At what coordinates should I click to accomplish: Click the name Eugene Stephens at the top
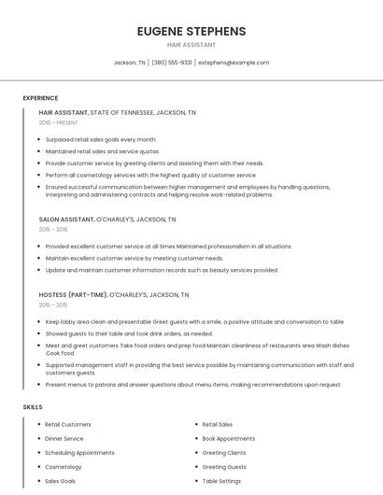(x=191, y=31)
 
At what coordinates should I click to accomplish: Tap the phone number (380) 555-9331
(x=172, y=63)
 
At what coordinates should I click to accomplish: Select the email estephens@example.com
(x=234, y=63)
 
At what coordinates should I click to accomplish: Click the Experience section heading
(x=40, y=98)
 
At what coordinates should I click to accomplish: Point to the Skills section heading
(x=33, y=407)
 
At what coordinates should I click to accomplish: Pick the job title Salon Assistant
(x=67, y=219)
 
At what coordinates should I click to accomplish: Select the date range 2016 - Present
(x=59, y=122)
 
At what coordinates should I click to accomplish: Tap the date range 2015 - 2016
(x=53, y=229)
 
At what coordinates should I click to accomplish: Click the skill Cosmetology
(x=64, y=467)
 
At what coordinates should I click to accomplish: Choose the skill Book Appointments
(x=228, y=438)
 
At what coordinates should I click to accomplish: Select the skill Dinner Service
(x=64, y=438)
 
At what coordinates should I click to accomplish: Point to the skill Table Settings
(x=221, y=481)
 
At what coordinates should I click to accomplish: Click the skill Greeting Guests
(x=224, y=467)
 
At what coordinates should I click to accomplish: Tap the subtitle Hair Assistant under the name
(x=191, y=45)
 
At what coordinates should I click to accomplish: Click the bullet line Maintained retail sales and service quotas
(x=103, y=151)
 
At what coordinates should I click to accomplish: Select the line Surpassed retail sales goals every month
(x=101, y=139)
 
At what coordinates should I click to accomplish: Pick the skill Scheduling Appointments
(x=79, y=452)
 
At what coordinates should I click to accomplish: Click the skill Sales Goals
(x=62, y=481)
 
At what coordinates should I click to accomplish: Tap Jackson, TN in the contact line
(x=129, y=63)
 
